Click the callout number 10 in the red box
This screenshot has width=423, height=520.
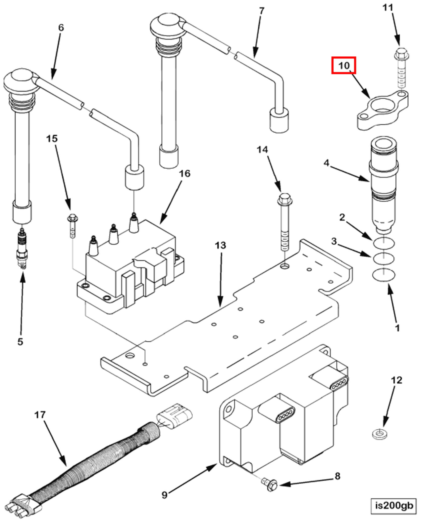[x=344, y=66]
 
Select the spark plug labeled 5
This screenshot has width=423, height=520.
[x=22, y=248]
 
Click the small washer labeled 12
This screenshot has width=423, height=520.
[x=380, y=434]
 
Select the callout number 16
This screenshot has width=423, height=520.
[x=185, y=174]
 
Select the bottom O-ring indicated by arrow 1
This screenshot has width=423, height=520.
[x=383, y=275]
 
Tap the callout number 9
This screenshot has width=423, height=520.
[x=164, y=495]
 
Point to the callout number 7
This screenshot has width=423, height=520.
[x=262, y=11]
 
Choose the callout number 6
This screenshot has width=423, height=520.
[x=61, y=28]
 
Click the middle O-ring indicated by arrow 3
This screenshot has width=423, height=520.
[x=383, y=259]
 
